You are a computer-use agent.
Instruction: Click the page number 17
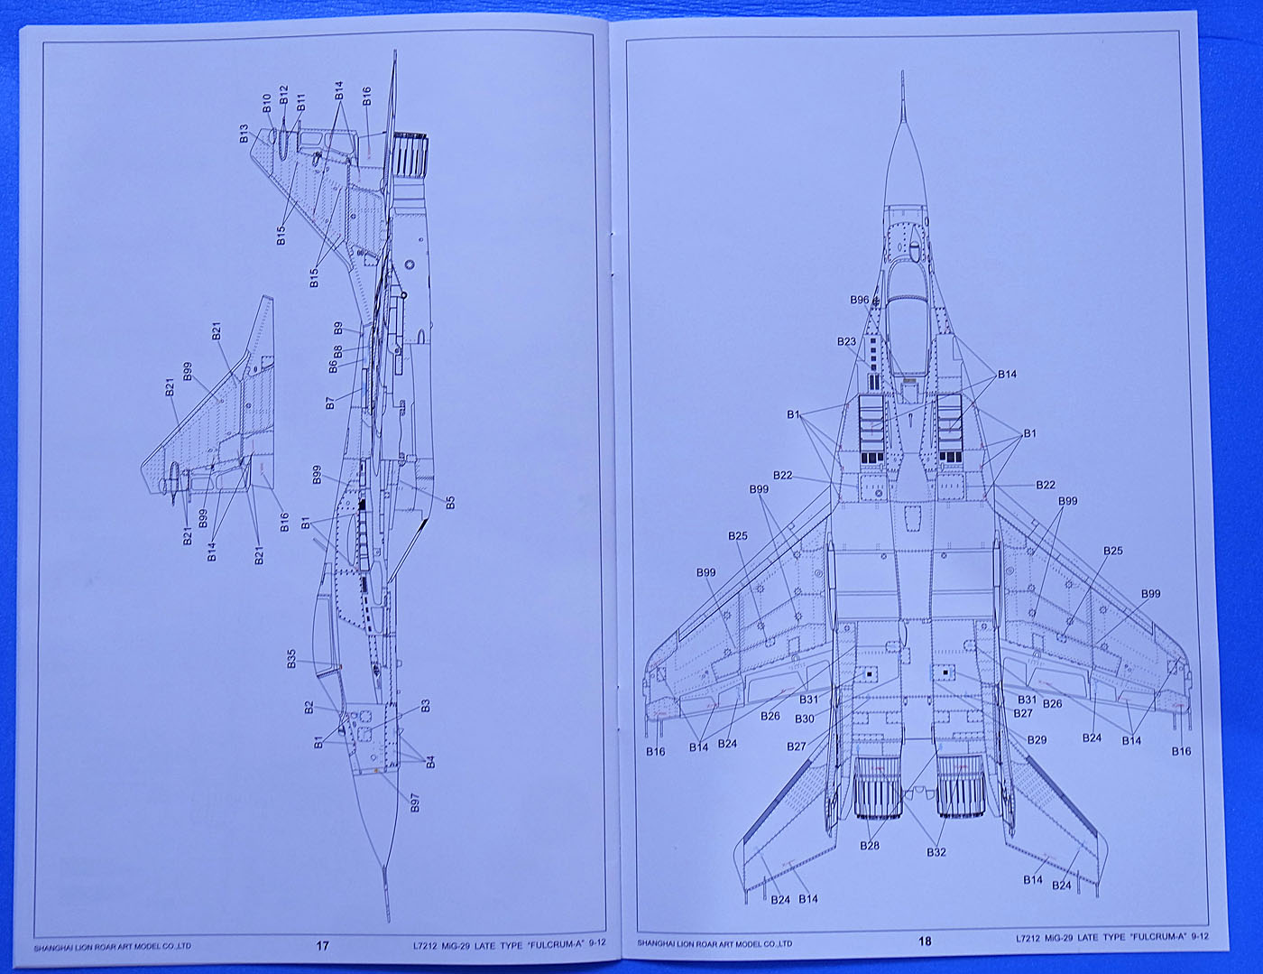(x=323, y=946)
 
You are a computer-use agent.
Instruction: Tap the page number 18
(x=924, y=942)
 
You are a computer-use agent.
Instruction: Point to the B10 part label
(x=267, y=103)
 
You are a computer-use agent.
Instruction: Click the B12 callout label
(x=283, y=97)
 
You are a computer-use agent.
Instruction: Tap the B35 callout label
(x=291, y=659)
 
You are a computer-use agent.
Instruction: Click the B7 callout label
(x=329, y=403)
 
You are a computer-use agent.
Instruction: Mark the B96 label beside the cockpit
(x=859, y=301)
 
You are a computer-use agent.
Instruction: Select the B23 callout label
(x=846, y=342)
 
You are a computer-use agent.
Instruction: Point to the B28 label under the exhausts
(x=870, y=846)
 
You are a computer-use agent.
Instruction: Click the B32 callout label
(x=936, y=851)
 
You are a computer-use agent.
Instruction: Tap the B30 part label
(x=804, y=719)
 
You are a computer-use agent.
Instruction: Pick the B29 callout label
(x=1037, y=740)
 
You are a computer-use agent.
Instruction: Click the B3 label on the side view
(x=425, y=705)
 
